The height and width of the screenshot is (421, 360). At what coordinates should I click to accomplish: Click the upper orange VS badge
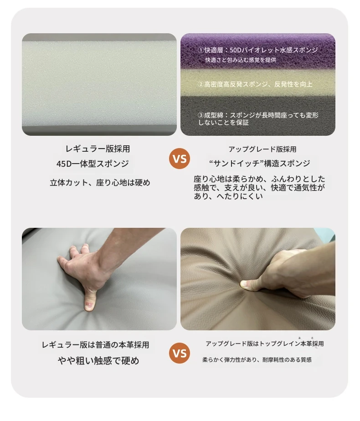click(180, 159)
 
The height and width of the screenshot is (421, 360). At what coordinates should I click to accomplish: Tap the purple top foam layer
click(258, 51)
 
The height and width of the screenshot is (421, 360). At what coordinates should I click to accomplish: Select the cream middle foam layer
click(258, 83)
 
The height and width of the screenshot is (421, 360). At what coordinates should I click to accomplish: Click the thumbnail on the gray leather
click(89, 305)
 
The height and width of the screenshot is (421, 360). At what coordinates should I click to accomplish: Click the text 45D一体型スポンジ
click(93, 164)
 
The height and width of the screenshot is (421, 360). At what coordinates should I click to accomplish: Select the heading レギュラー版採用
click(98, 149)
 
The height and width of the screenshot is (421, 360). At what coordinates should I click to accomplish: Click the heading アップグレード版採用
click(262, 149)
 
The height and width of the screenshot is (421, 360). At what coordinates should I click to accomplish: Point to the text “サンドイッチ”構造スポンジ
click(259, 163)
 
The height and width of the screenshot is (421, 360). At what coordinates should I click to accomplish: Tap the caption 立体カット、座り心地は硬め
click(100, 183)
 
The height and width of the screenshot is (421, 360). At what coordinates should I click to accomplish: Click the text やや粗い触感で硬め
click(98, 360)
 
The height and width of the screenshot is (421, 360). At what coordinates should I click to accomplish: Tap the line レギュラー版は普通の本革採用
click(95, 345)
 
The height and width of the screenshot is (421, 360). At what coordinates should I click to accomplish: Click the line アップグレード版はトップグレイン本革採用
click(265, 344)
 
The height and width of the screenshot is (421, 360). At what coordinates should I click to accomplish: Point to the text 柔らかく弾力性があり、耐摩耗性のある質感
click(257, 359)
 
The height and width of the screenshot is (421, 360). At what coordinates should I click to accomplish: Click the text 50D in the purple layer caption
click(236, 50)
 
